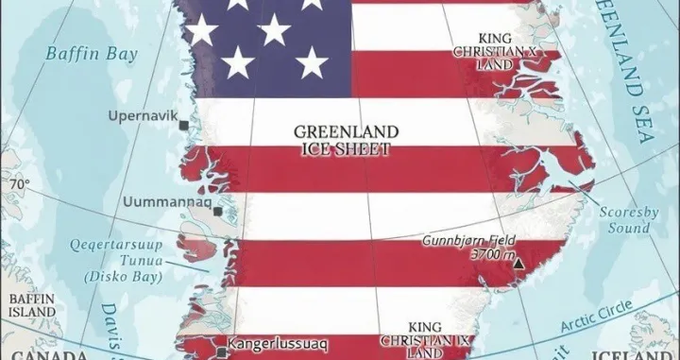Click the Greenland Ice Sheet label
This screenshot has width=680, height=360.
(x=345, y=140)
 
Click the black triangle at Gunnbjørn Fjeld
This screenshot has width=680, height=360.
(x=518, y=264)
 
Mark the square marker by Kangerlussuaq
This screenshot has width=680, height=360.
(x=221, y=351)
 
